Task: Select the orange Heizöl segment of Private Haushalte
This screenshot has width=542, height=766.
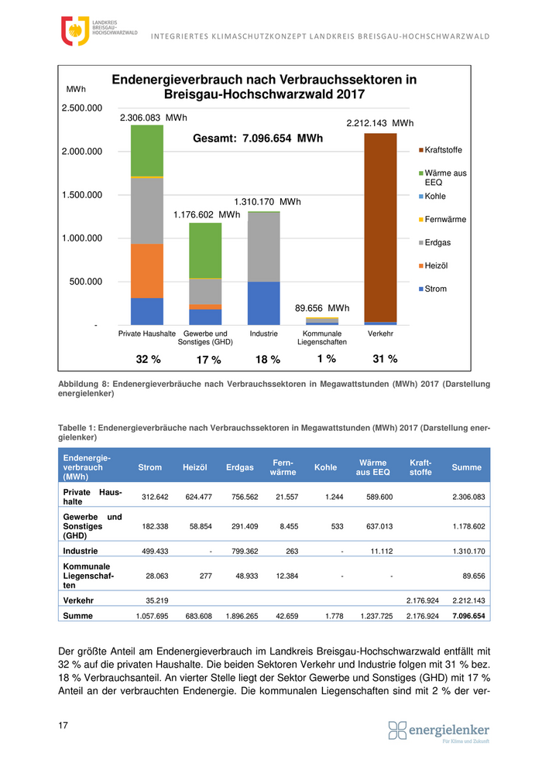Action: tap(147, 271)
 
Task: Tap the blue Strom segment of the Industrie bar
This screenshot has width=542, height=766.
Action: tap(264, 303)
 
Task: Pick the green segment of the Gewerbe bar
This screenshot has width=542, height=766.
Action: tap(205, 250)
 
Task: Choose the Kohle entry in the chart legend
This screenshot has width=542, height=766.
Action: tap(435, 197)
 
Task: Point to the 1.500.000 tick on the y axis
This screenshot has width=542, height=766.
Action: tap(82, 195)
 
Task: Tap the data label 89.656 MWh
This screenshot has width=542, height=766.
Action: tap(322, 308)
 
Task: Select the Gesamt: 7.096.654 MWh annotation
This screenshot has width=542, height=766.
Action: tap(257, 139)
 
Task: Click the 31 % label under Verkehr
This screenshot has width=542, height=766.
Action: tap(385, 359)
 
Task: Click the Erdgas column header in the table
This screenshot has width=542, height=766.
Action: tap(240, 467)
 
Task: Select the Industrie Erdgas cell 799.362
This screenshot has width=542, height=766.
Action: tap(240, 552)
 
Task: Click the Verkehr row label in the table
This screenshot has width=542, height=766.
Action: tap(78, 600)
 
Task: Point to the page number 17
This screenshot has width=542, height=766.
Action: tap(63, 725)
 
